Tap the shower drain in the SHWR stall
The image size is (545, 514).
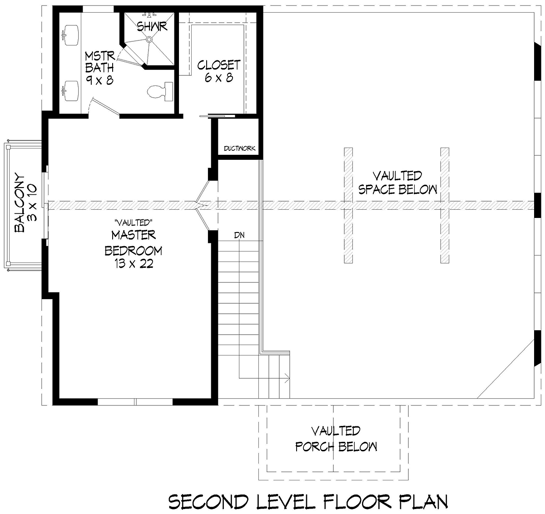[149, 39]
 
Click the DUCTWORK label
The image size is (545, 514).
[239, 148]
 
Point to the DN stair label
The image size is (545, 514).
[239, 235]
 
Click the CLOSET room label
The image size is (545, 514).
[219, 65]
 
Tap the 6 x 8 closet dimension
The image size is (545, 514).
[219, 78]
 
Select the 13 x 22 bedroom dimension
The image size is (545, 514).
[134, 264]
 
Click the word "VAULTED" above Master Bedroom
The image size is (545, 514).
[134, 222]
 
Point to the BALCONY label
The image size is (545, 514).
[20, 203]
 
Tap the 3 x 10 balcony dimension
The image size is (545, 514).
[32, 203]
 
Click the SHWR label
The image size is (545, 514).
[152, 27]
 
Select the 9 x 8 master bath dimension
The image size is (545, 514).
[99, 81]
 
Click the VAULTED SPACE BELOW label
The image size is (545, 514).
[398, 183]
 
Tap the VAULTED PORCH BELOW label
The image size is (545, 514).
[336, 439]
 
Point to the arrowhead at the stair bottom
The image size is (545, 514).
[287, 378]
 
